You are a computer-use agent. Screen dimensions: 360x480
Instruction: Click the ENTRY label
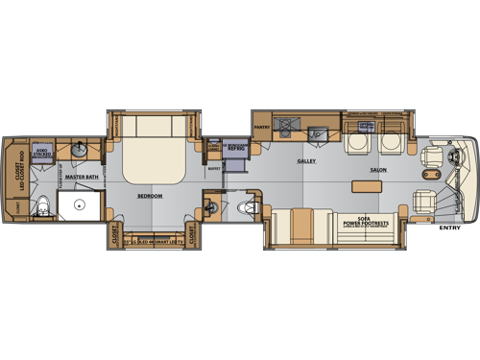coord(448,228)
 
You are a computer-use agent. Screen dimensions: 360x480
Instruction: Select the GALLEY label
coord(306,161)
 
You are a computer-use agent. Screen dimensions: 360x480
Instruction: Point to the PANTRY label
coord(261,126)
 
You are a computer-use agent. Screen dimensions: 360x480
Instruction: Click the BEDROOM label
coord(148,196)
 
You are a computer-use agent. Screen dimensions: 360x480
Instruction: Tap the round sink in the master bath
coord(79,151)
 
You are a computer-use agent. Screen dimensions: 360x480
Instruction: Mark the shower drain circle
coord(79,204)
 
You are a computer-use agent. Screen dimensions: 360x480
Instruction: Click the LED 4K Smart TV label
coord(150,244)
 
